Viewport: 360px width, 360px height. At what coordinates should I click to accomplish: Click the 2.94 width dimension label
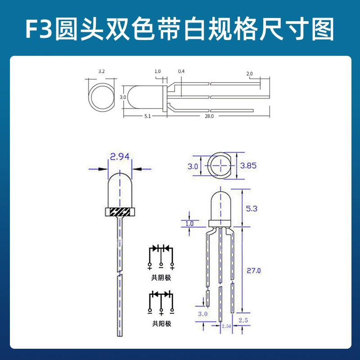(120, 157)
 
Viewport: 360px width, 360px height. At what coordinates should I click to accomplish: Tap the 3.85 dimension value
(248, 166)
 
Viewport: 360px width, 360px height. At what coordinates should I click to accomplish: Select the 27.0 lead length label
(254, 271)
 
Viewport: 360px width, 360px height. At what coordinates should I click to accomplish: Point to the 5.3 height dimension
(252, 209)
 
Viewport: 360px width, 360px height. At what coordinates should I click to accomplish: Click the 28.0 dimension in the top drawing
(209, 116)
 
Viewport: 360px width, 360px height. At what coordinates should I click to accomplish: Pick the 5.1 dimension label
(148, 116)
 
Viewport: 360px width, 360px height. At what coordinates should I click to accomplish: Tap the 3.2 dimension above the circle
(102, 72)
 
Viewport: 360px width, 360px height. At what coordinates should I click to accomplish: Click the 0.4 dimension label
(181, 72)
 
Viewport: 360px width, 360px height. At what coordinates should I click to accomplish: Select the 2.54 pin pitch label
(226, 326)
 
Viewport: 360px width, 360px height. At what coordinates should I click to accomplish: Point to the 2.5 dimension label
(243, 320)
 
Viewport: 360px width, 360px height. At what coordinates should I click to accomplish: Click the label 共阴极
(161, 278)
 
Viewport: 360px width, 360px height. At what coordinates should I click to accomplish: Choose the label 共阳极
(162, 324)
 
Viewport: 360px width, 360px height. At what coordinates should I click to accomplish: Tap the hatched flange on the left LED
(120, 212)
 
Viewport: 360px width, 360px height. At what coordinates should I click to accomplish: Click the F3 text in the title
(39, 29)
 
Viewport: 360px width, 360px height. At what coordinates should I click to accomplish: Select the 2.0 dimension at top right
(249, 74)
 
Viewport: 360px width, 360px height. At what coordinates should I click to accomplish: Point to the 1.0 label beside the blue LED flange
(189, 224)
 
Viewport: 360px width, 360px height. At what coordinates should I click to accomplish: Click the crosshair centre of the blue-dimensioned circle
(221, 165)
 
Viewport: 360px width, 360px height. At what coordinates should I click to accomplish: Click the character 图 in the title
(323, 29)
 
